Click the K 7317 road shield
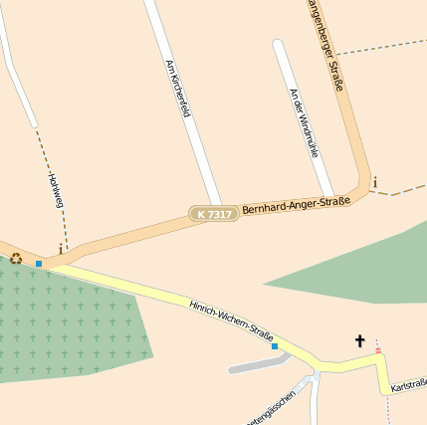pos(214,214)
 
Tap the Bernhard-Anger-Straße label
pos(296,205)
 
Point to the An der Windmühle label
pos(304,124)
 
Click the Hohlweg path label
pos(55,189)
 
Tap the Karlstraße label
pos(409,384)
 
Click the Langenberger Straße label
pos(325,45)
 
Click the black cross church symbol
pos(359,341)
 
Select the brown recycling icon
pos(16,259)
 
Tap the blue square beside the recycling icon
pos(39,264)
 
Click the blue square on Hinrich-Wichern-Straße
pos(275,346)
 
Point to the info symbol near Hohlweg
pos(61,248)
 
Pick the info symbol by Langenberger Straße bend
pos(374,181)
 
